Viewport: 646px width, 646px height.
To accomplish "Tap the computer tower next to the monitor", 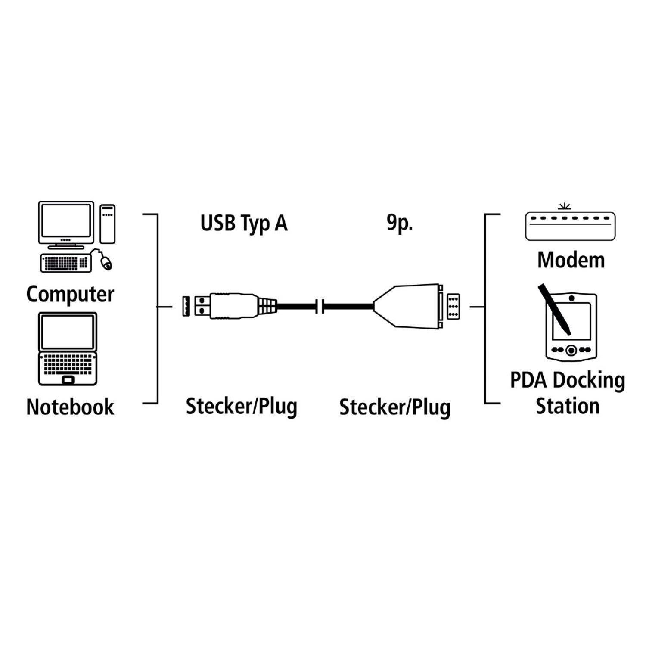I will click(108, 224).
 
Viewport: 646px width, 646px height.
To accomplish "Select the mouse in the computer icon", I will click(106, 262).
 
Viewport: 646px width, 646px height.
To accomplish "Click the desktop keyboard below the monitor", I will click(65, 263).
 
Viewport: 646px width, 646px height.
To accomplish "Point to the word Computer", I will click(70, 295).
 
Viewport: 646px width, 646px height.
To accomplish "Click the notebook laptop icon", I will click(68, 348).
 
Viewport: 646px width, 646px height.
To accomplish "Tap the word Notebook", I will click(70, 407).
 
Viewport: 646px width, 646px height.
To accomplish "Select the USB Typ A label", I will click(244, 224).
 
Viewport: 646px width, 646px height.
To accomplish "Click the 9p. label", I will click(400, 224).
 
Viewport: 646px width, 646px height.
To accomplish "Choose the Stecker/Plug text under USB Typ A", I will click(242, 407).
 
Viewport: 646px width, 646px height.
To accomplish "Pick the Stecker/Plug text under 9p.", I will click(394, 407).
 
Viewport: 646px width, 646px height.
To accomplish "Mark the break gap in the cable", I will click(320, 306).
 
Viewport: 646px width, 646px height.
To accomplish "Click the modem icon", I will click(570, 225).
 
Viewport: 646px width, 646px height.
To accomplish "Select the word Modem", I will click(571, 260).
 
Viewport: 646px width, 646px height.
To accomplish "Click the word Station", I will click(568, 406).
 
